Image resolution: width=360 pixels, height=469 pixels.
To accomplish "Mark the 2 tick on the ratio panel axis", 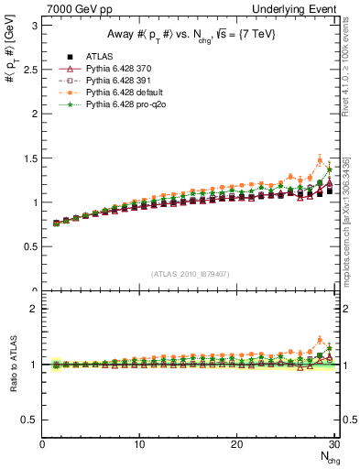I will pos(34,309).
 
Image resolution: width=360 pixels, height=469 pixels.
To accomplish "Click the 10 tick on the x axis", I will pos(139,444).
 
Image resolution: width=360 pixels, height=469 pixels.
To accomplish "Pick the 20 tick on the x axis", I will pos(236,444).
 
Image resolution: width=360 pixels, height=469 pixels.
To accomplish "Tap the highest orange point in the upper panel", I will pos(320,160).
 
